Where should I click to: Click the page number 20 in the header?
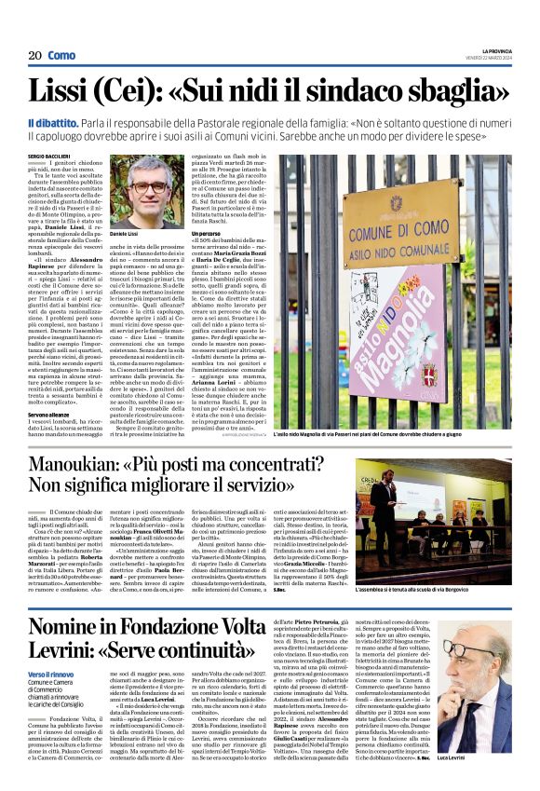point(34,56)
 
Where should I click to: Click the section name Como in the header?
point(61,56)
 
